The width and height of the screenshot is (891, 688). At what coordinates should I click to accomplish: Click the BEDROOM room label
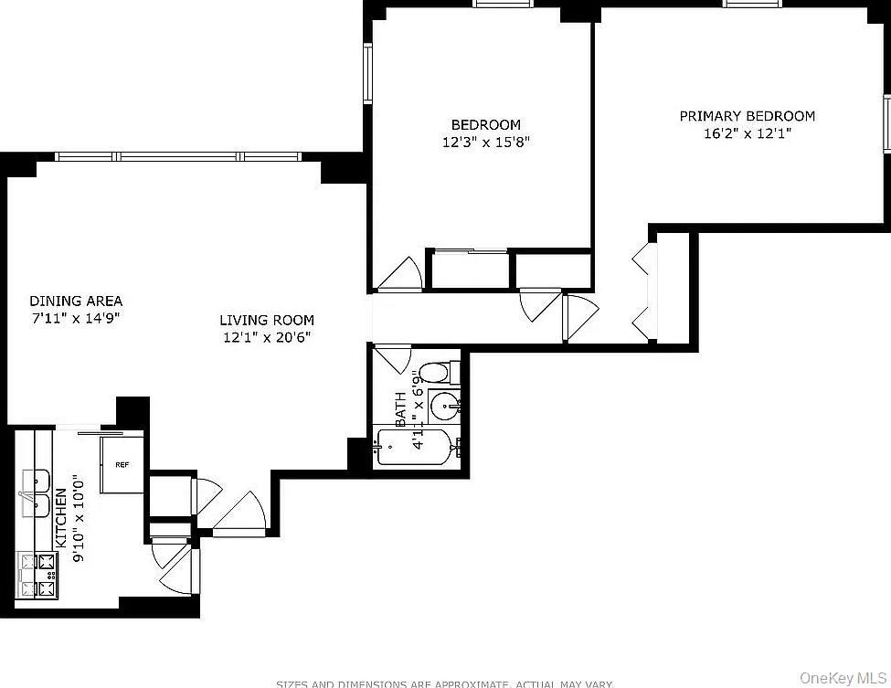[x=485, y=124]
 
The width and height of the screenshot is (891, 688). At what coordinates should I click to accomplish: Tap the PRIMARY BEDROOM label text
[x=747, y=116]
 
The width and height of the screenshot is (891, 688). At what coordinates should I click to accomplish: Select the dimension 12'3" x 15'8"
[x=485, y=143]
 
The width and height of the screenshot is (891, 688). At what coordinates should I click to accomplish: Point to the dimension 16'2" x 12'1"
[x=747, y=133]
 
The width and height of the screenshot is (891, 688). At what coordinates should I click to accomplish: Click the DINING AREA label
[x=76, y=301]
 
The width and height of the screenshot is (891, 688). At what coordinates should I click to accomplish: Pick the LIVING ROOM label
[x=267, y=320]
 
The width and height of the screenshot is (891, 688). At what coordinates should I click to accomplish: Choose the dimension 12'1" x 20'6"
[x=267, y=337]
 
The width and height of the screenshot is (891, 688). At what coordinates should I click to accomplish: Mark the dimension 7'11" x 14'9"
[x=76, y=319]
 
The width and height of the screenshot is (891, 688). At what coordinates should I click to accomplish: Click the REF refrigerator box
[x=122, y=464]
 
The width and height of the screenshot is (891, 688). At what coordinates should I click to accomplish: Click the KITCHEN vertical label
[x=60, y=516]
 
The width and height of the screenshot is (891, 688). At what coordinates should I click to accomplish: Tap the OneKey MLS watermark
[x=843, y=677]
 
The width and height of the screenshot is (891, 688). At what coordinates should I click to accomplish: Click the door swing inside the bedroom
[x=399, y=273]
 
